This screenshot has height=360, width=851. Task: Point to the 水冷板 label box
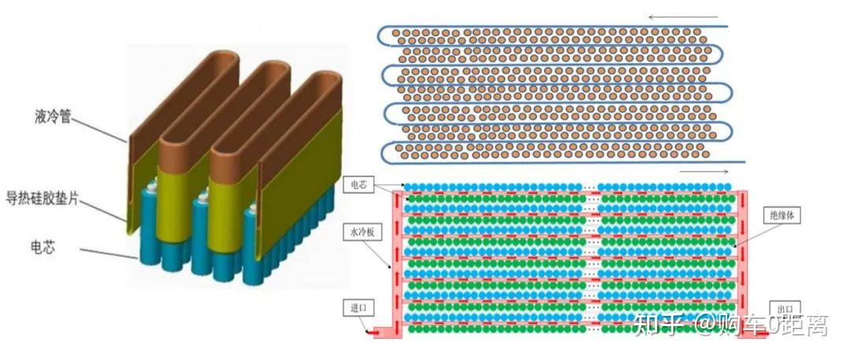click(x=358, y=233)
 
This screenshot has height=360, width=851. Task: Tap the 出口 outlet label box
click(x=785, y=308)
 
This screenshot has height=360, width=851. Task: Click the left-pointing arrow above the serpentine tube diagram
click(x=684, y=17)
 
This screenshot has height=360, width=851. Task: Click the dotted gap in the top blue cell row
click(x=592, y=187)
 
